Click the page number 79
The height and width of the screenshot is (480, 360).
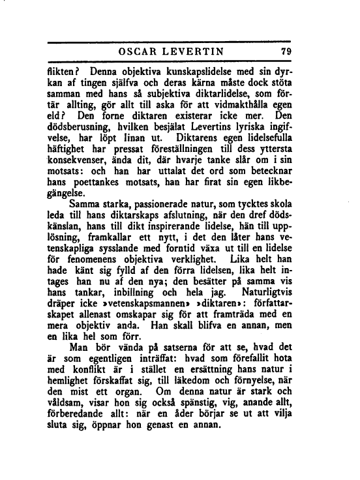[284, 52]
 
